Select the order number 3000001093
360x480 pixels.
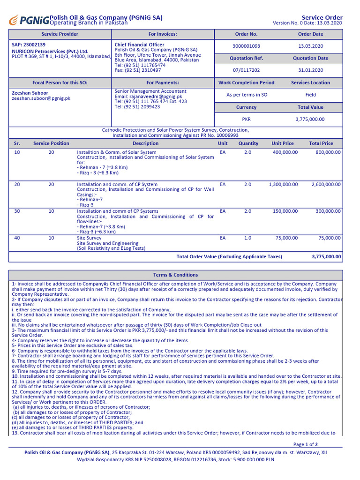[246, 46]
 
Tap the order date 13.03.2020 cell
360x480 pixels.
[310, 46]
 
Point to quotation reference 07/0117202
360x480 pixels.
[246, 70]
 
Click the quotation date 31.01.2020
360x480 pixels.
[310, 70]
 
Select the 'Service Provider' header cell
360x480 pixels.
[60, 34]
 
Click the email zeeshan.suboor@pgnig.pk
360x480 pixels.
[41, 98]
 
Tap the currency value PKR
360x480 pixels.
[246, 119]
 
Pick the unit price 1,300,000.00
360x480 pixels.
[283, 184]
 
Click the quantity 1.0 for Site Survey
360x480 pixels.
[247, 238]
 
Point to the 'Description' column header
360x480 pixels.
[145, 143]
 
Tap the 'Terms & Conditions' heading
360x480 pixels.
[175, 275]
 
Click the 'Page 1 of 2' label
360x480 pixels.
[305, 444]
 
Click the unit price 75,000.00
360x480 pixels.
[286, 238]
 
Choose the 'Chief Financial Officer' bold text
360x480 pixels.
[139, 45]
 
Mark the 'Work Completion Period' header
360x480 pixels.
[246, 82]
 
